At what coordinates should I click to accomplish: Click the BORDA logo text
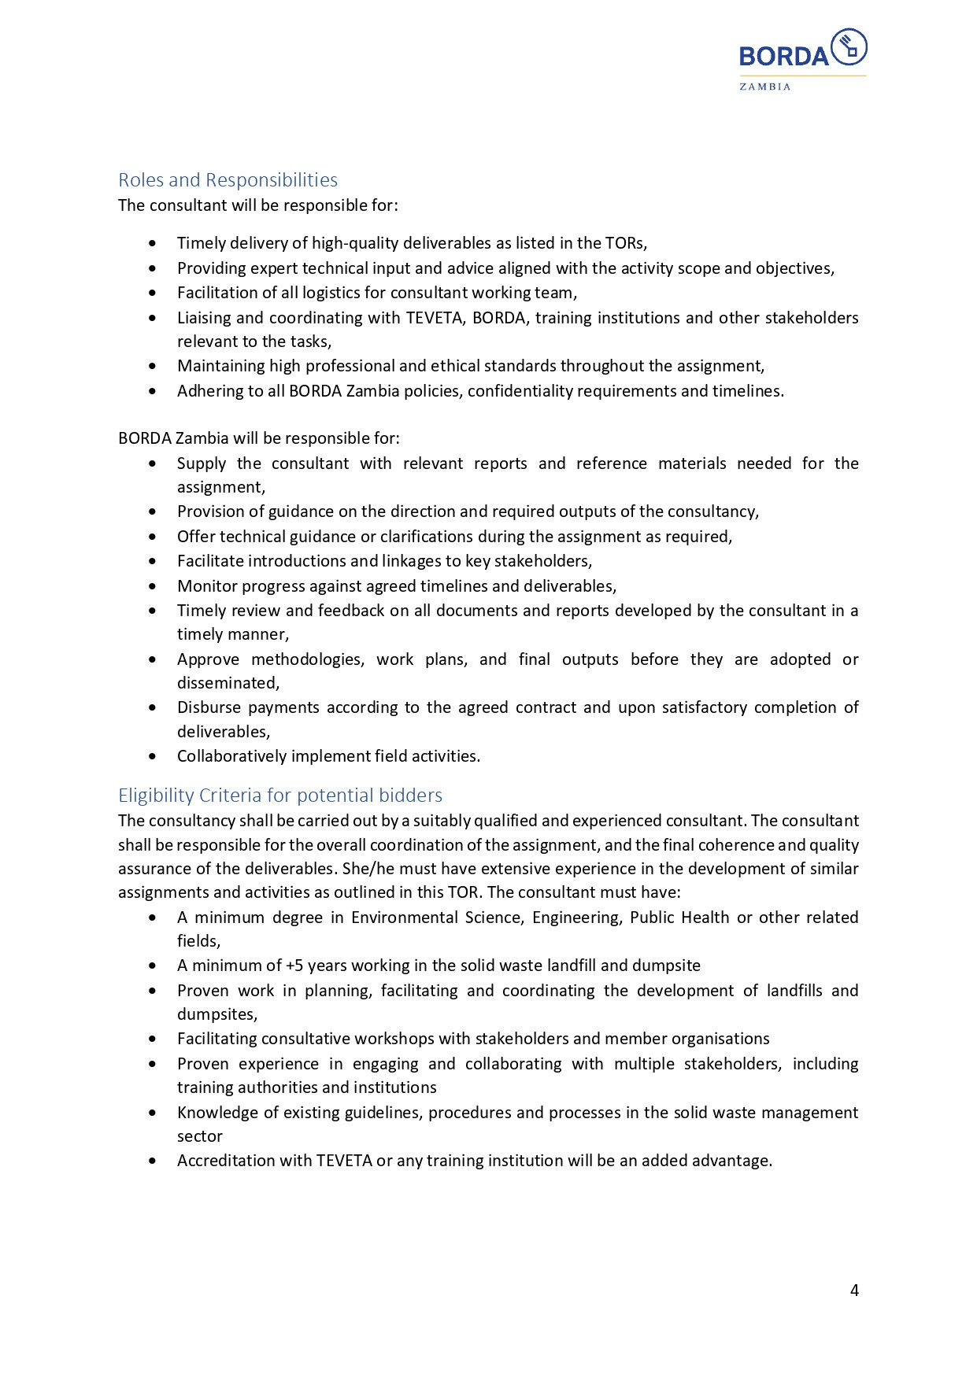[x=783, y=56]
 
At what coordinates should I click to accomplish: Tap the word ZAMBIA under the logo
[x=764, y=87]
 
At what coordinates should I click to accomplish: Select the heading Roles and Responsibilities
[x=228, y=180]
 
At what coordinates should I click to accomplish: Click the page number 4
[x=854, y=1291]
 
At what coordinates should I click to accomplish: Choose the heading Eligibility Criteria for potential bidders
[x=280, y=796]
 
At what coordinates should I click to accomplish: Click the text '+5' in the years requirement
[x=294, y=966]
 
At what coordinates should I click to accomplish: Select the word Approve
[x=208, y=659]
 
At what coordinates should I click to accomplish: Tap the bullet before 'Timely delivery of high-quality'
[x=152, y=244]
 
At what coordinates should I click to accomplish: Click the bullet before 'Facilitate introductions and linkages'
[x=152, y=562]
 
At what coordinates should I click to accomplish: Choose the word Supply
[x=201, y=463]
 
